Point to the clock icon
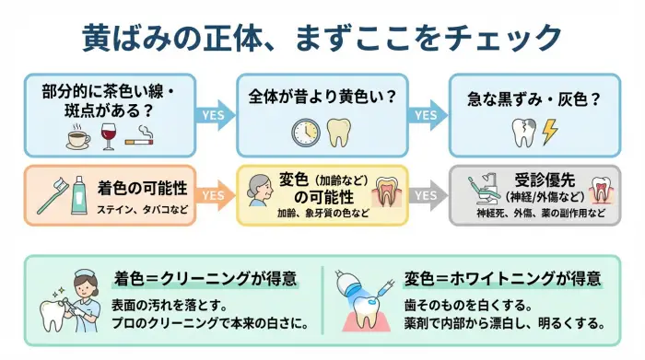click(305, 133)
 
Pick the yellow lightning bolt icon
click(550, 133)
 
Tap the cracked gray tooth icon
click(522, 133)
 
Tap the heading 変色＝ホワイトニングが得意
click(502, 278)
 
